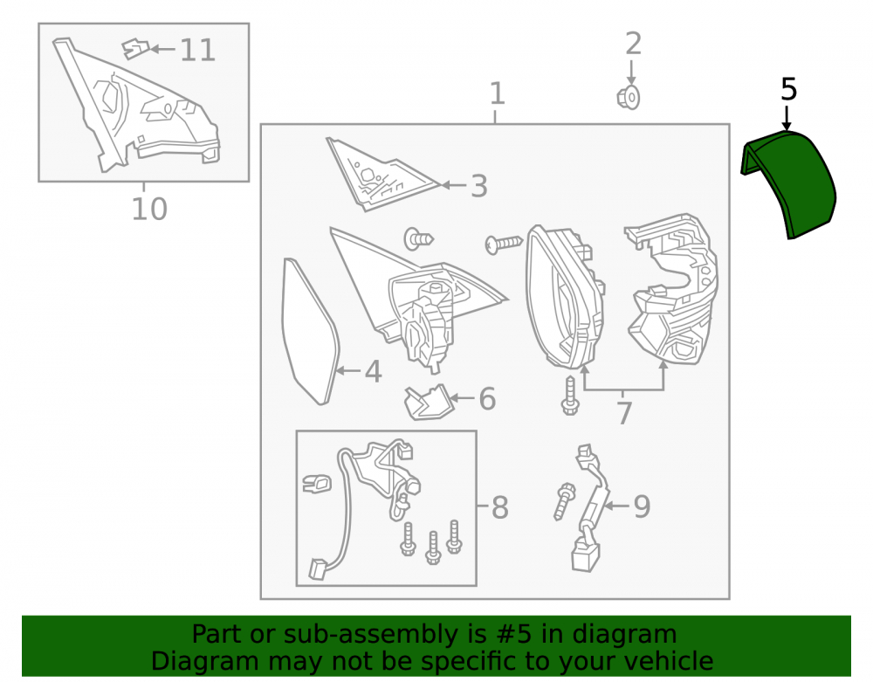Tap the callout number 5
tap(788, 90)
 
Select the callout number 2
tap(633, 44)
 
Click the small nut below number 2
tap(629, 98)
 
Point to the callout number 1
tap(498, 93)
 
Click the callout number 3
tap(478, 186)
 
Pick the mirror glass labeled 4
tap(310, 331)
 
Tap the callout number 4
tap(373, 371)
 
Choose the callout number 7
tap(624, 413)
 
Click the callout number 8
tap(500, 507)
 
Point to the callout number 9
tap(642, 506)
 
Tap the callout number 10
tap(149, 210)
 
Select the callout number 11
tap(197, 50)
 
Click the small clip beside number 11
tap(136, 49)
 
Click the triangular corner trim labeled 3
tap(382, 175)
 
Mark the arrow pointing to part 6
tap(462, 397)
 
